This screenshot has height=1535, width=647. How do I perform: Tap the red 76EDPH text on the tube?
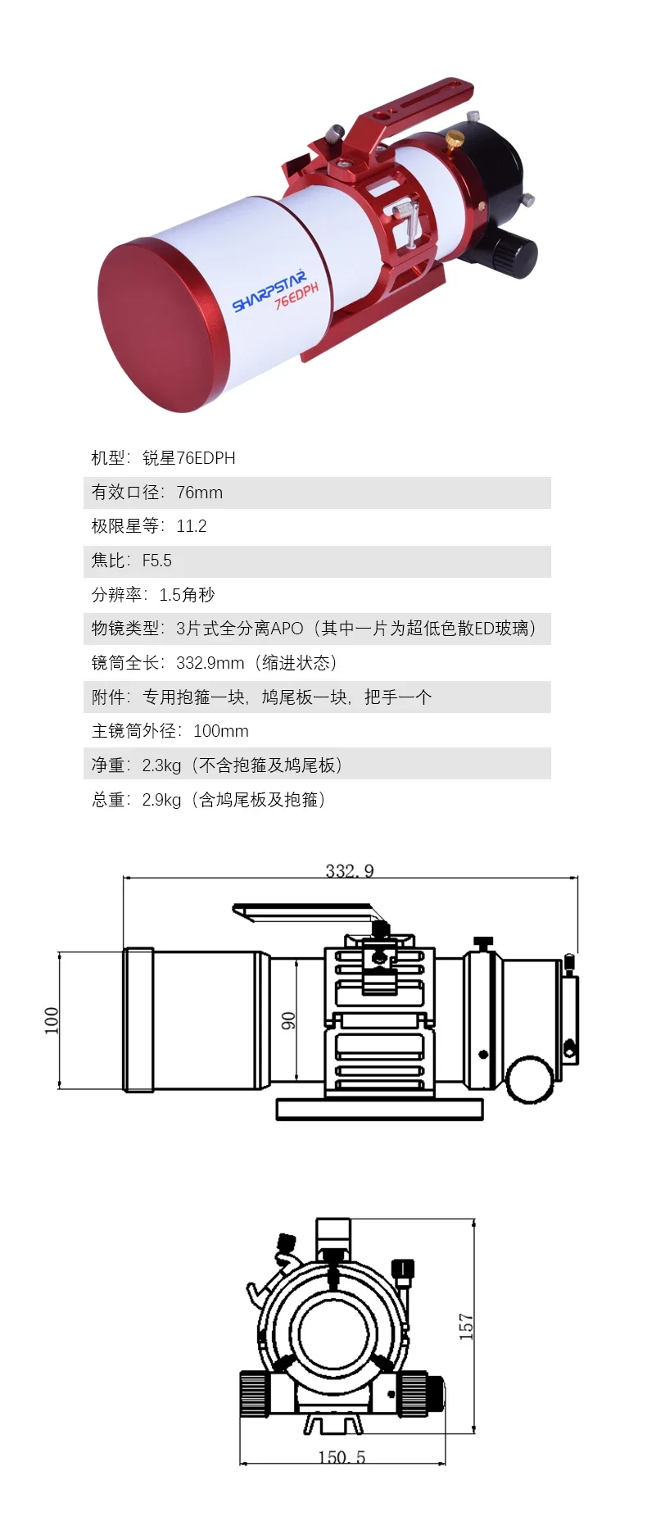[296, 295]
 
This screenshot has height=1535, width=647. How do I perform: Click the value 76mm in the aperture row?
[199, 493]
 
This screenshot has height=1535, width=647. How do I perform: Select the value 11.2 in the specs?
[192, 526]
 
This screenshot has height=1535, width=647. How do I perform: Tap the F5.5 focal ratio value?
[157, 561]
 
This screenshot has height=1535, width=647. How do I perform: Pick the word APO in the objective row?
[287, 629]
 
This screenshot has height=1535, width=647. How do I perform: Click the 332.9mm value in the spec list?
[210, 663]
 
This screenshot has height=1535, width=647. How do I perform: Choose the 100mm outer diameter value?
[221, 731]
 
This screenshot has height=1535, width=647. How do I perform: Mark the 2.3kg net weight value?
[161, 765]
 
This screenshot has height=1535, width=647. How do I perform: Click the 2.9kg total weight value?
[161, 800]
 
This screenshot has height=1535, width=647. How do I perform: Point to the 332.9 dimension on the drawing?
[350, 870]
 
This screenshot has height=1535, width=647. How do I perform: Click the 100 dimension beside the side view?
[52, 1020]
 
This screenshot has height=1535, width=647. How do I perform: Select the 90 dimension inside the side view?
[288, 1021]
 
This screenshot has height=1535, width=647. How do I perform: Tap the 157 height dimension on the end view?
[466, 1326]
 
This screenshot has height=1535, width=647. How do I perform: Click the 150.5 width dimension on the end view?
[342, 1457]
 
